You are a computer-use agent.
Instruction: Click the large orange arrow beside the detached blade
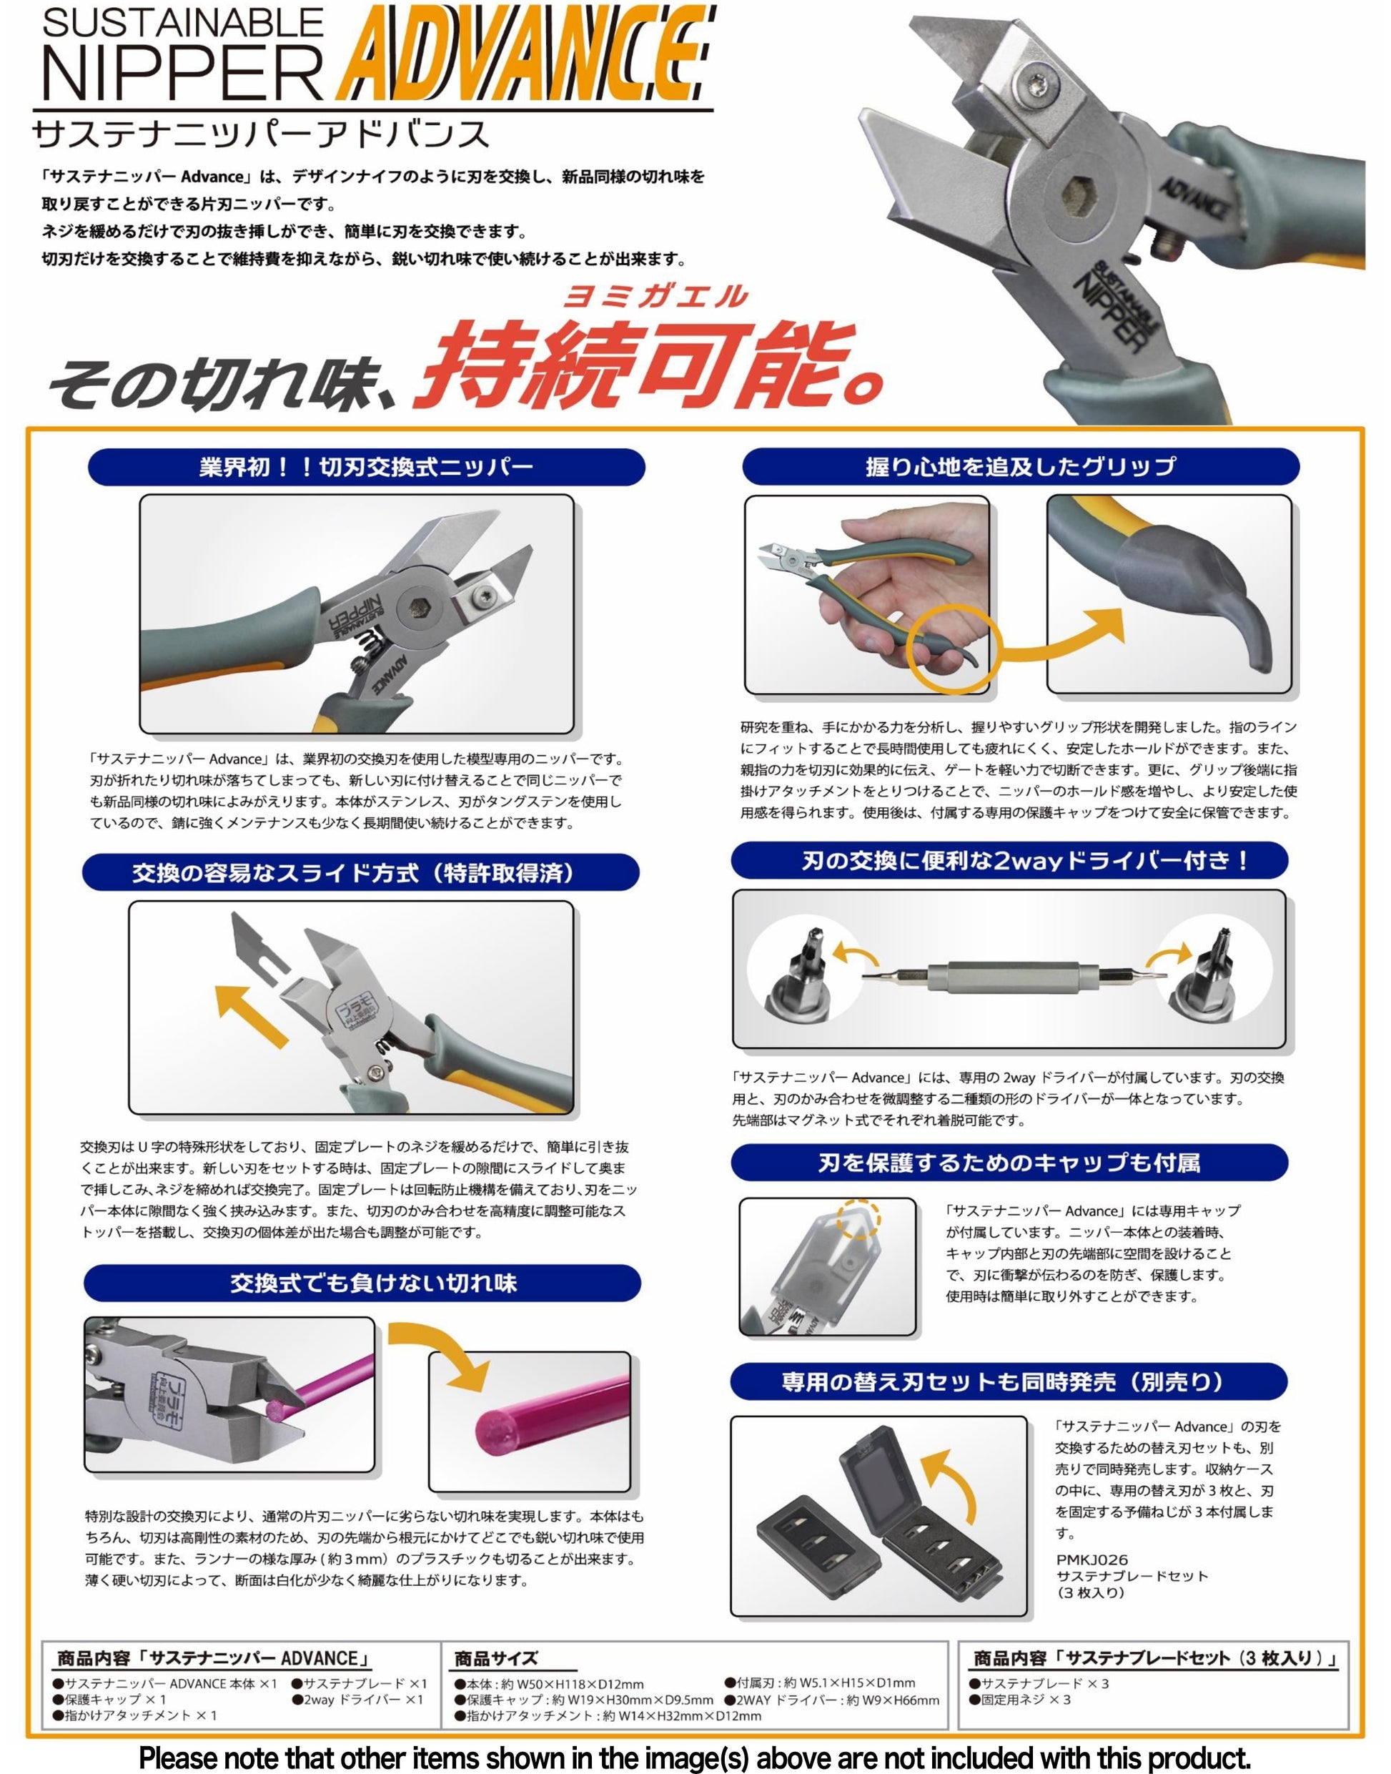click(x=251, y=1014)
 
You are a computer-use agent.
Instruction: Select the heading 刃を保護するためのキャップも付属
click(x=1009, y=1163)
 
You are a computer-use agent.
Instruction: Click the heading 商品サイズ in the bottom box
click(x=496, y=1658)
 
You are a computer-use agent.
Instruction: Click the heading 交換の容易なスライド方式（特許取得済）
click(x=360, y=873)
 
